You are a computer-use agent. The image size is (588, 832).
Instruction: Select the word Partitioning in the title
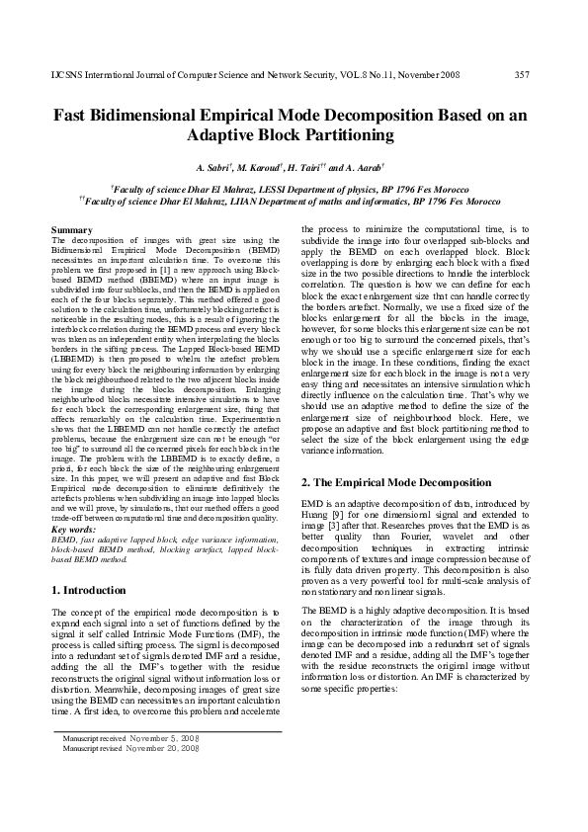pos(321,135)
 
